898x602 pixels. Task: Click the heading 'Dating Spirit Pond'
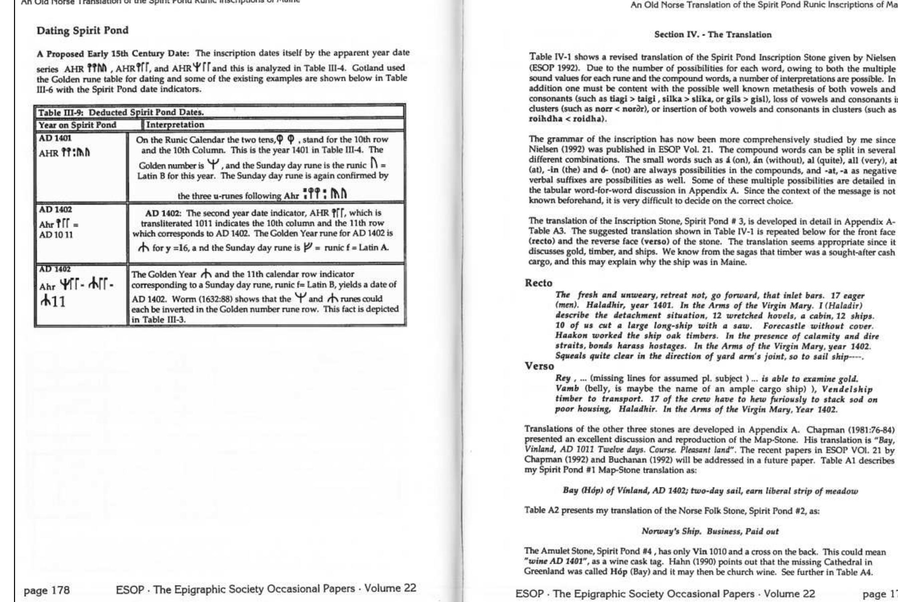tap(82, 31)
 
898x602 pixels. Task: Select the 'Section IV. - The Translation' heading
tap(712, 35)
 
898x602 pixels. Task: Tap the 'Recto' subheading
tap(538, 283)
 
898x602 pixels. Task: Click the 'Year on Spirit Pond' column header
tap(77, 125)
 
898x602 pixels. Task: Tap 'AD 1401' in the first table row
tap(55, 138)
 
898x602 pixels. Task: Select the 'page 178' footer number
tap(47, 589)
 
